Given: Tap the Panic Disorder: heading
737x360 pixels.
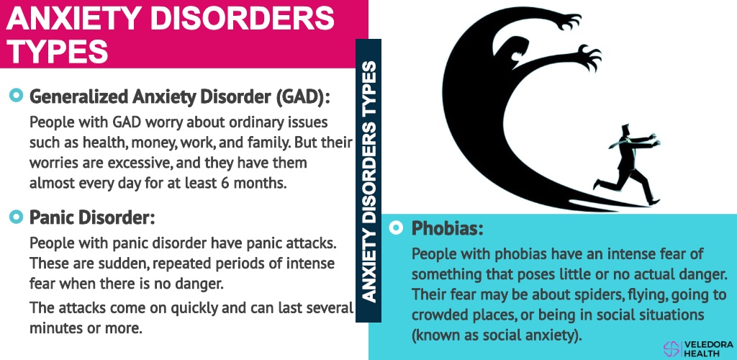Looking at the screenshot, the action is [x=92, y=217].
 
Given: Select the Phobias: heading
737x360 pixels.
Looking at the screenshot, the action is [x=447, y=228].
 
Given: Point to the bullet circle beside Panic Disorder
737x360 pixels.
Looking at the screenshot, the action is [x=16, y=217].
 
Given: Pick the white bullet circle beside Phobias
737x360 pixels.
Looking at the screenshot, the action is [x=397, y=228].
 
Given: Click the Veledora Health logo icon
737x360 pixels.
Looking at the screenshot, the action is [x=672, y=347].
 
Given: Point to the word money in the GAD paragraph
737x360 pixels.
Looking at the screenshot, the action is [x=153, y=143].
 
